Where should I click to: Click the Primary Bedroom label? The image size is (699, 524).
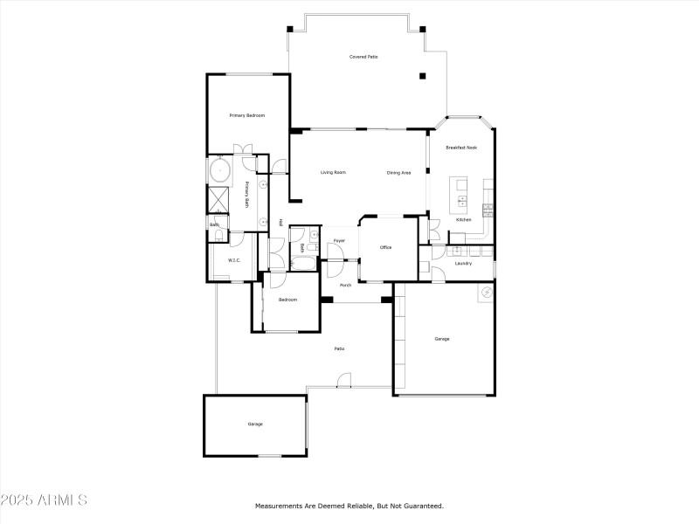[247, 115]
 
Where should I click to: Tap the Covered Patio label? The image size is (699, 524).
[363, 57]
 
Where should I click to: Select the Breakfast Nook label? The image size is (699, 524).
[461, 148]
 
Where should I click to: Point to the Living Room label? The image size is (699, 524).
[333, 172]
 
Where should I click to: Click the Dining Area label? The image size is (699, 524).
[398, 173]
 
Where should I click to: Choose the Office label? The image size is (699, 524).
[385, 247]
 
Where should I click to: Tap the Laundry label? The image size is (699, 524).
[464, 263]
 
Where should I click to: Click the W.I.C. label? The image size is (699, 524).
[234, 260]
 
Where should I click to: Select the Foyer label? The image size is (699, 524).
[339, 240]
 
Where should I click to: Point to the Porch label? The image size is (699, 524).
[345, 285]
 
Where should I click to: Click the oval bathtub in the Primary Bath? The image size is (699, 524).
[218, 169]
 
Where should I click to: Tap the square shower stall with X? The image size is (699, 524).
[218, 199]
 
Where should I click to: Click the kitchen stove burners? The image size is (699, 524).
[488, 208]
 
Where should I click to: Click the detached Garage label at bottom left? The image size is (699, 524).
[255, 424]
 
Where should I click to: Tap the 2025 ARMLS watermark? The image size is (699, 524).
[44, 500]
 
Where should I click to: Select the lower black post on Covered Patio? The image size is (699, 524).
[423, 76]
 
